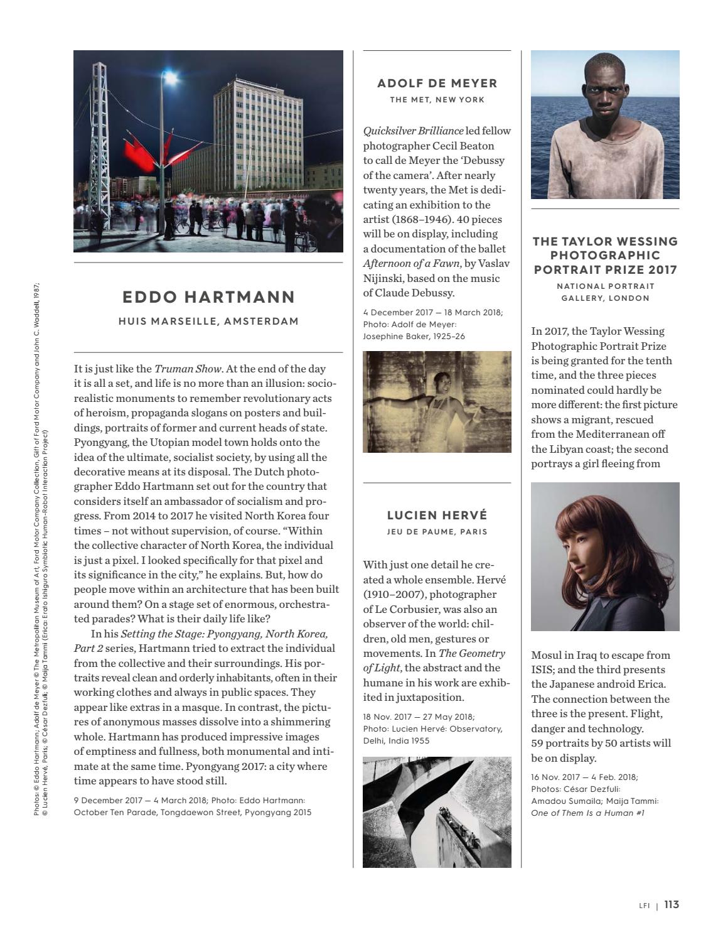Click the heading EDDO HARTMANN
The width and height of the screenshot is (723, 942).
coord(208,297)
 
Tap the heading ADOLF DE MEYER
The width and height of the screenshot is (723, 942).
coord(437,83)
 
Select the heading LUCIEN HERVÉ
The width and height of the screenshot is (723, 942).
coord(437,516)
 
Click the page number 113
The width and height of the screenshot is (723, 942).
coord(672,905)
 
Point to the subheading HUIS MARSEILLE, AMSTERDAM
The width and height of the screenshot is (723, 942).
coord(208,322)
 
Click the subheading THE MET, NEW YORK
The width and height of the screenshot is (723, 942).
coord(437,100)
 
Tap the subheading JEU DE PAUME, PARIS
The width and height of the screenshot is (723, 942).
coord(437,532)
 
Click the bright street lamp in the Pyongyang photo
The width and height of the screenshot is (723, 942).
coord(169,78)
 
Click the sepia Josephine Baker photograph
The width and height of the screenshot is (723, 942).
coord(437,402)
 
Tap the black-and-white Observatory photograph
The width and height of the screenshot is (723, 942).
coord(437,812)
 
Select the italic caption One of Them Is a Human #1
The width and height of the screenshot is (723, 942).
coord(587,813)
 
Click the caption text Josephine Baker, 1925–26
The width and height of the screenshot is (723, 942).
coord(414,337)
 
